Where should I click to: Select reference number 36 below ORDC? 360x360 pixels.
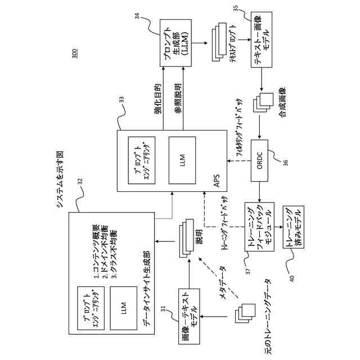285,163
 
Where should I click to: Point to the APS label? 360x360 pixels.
216,180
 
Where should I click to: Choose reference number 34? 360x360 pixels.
137,19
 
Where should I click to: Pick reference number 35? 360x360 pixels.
236,10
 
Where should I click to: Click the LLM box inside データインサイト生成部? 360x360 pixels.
123,308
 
